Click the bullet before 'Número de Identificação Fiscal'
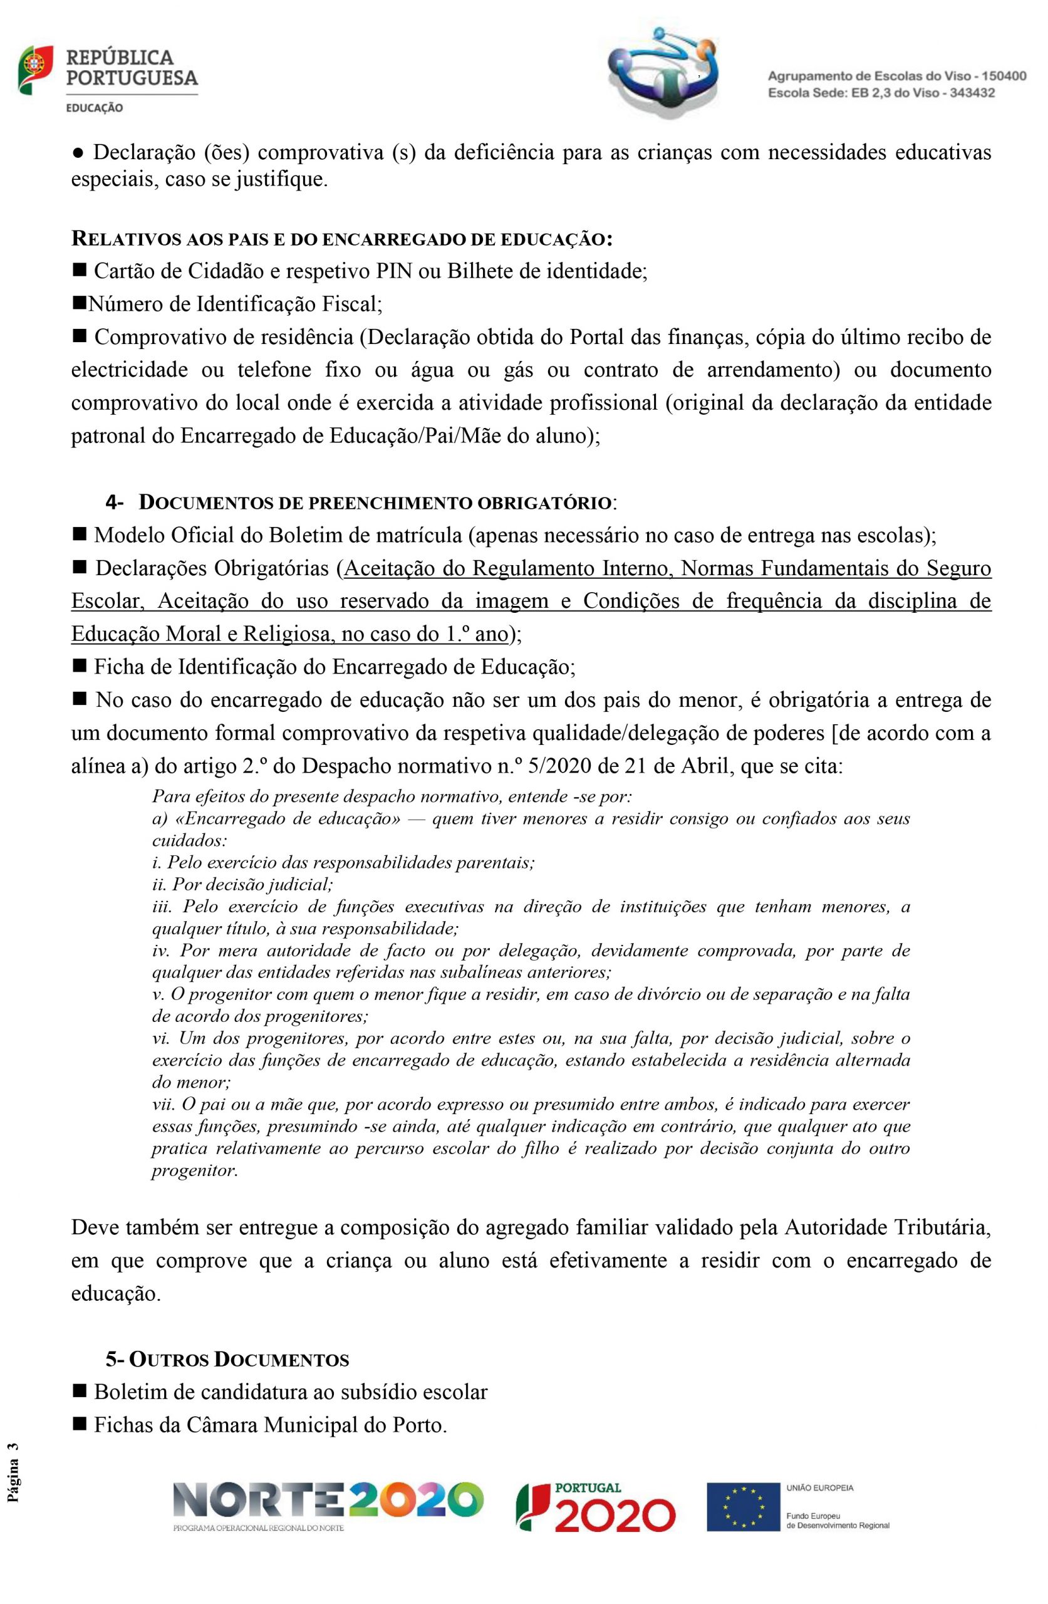(x=79, y=304)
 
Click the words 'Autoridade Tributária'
(x=887, y=1227)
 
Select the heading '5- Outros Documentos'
(x=227, y=1360)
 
